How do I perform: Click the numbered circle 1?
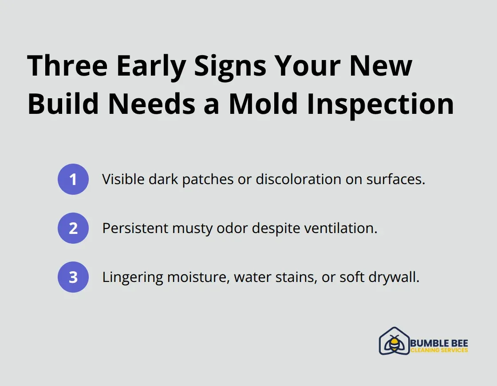pos(73,179)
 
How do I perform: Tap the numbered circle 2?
pos(73,228)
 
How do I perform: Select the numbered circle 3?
pos(73,277)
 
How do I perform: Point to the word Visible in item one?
pos(120,179)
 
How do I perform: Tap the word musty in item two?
pos(196,229)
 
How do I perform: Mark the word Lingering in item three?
pos(133,277)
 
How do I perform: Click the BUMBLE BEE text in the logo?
pos(439,343)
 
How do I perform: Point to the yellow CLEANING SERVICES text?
pos(439,350)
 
